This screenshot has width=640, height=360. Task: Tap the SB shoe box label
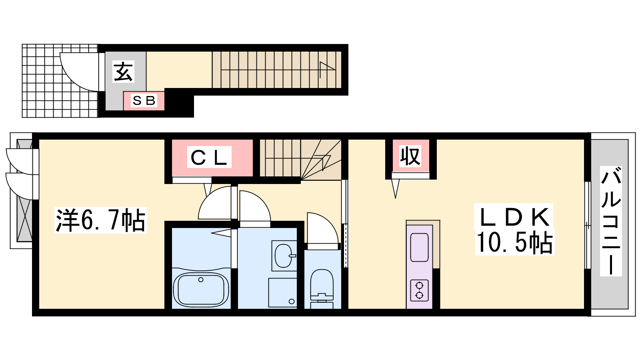tap(144, 100)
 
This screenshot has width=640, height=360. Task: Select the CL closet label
tap(209, 158)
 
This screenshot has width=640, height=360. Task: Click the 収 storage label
tap(410, 156)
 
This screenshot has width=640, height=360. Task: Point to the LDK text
tap(514, 217)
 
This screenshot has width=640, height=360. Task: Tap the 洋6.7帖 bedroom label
tap(100, 220)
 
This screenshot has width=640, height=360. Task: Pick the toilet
tap(322, 288)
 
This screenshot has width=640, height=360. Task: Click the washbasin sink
tap(284, 256)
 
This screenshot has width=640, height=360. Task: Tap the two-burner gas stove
tap(419, 290)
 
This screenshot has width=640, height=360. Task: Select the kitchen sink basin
tap(420, 247)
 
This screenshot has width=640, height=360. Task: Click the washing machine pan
tap(282, 292)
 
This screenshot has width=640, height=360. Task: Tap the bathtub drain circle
tap(201, 280)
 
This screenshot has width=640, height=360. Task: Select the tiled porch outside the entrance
tap(60, 80)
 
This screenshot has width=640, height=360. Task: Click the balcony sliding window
tap(588, 225)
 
